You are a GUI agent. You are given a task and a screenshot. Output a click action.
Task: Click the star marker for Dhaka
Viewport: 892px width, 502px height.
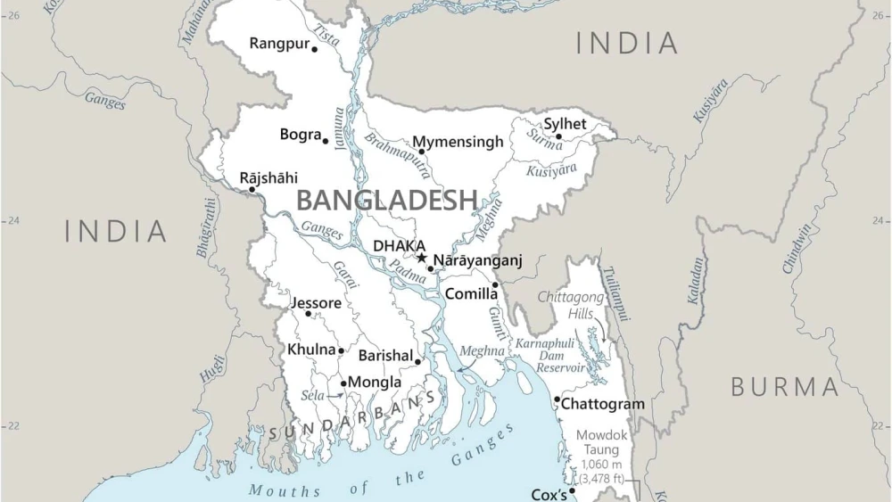pyautogui.click(x=422, y=259)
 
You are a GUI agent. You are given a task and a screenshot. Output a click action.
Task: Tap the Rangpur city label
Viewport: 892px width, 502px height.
pyautogui.click(x=279, y=43)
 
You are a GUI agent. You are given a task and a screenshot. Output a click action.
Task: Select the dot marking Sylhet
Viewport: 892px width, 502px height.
pyautogui.click(x=558, y=137)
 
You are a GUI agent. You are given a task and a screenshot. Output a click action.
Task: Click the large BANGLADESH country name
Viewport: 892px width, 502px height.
pyautogui.click(x=386, y=200)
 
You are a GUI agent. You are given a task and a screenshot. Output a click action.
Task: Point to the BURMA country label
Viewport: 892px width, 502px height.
pyautogui.click(x=785, y=387)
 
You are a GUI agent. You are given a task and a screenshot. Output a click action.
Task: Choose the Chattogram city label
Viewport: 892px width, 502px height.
pyautogui.click(x=602, y=404)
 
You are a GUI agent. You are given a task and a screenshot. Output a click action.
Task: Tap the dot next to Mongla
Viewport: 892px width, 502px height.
pyautogui.click(x=343, y=383)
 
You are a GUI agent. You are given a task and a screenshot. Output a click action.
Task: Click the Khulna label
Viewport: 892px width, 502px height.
pyautogui.click(x=311, y=350)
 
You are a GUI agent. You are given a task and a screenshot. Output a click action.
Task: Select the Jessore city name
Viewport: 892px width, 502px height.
pyautogui.click(x=316, y=303)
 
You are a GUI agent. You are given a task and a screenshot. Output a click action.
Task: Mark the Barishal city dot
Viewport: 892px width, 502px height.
pyautogui.click(x=417, y=362)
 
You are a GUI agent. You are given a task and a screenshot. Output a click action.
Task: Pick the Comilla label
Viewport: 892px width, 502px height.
pyautogui.click(x=471, y=293)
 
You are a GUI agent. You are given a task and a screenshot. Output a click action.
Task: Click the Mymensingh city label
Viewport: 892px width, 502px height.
pyautogui.click(x=458, y=143)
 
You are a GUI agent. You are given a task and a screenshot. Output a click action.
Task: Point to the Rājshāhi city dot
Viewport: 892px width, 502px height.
pyautogui.click(x=252, y=189)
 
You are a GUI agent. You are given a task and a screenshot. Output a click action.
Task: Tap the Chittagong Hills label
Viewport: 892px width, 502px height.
pyautogui.click(x=571, y=305)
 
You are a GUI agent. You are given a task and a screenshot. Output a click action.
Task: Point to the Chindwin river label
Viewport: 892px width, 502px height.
pyautogui.click(x=797, y=247)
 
